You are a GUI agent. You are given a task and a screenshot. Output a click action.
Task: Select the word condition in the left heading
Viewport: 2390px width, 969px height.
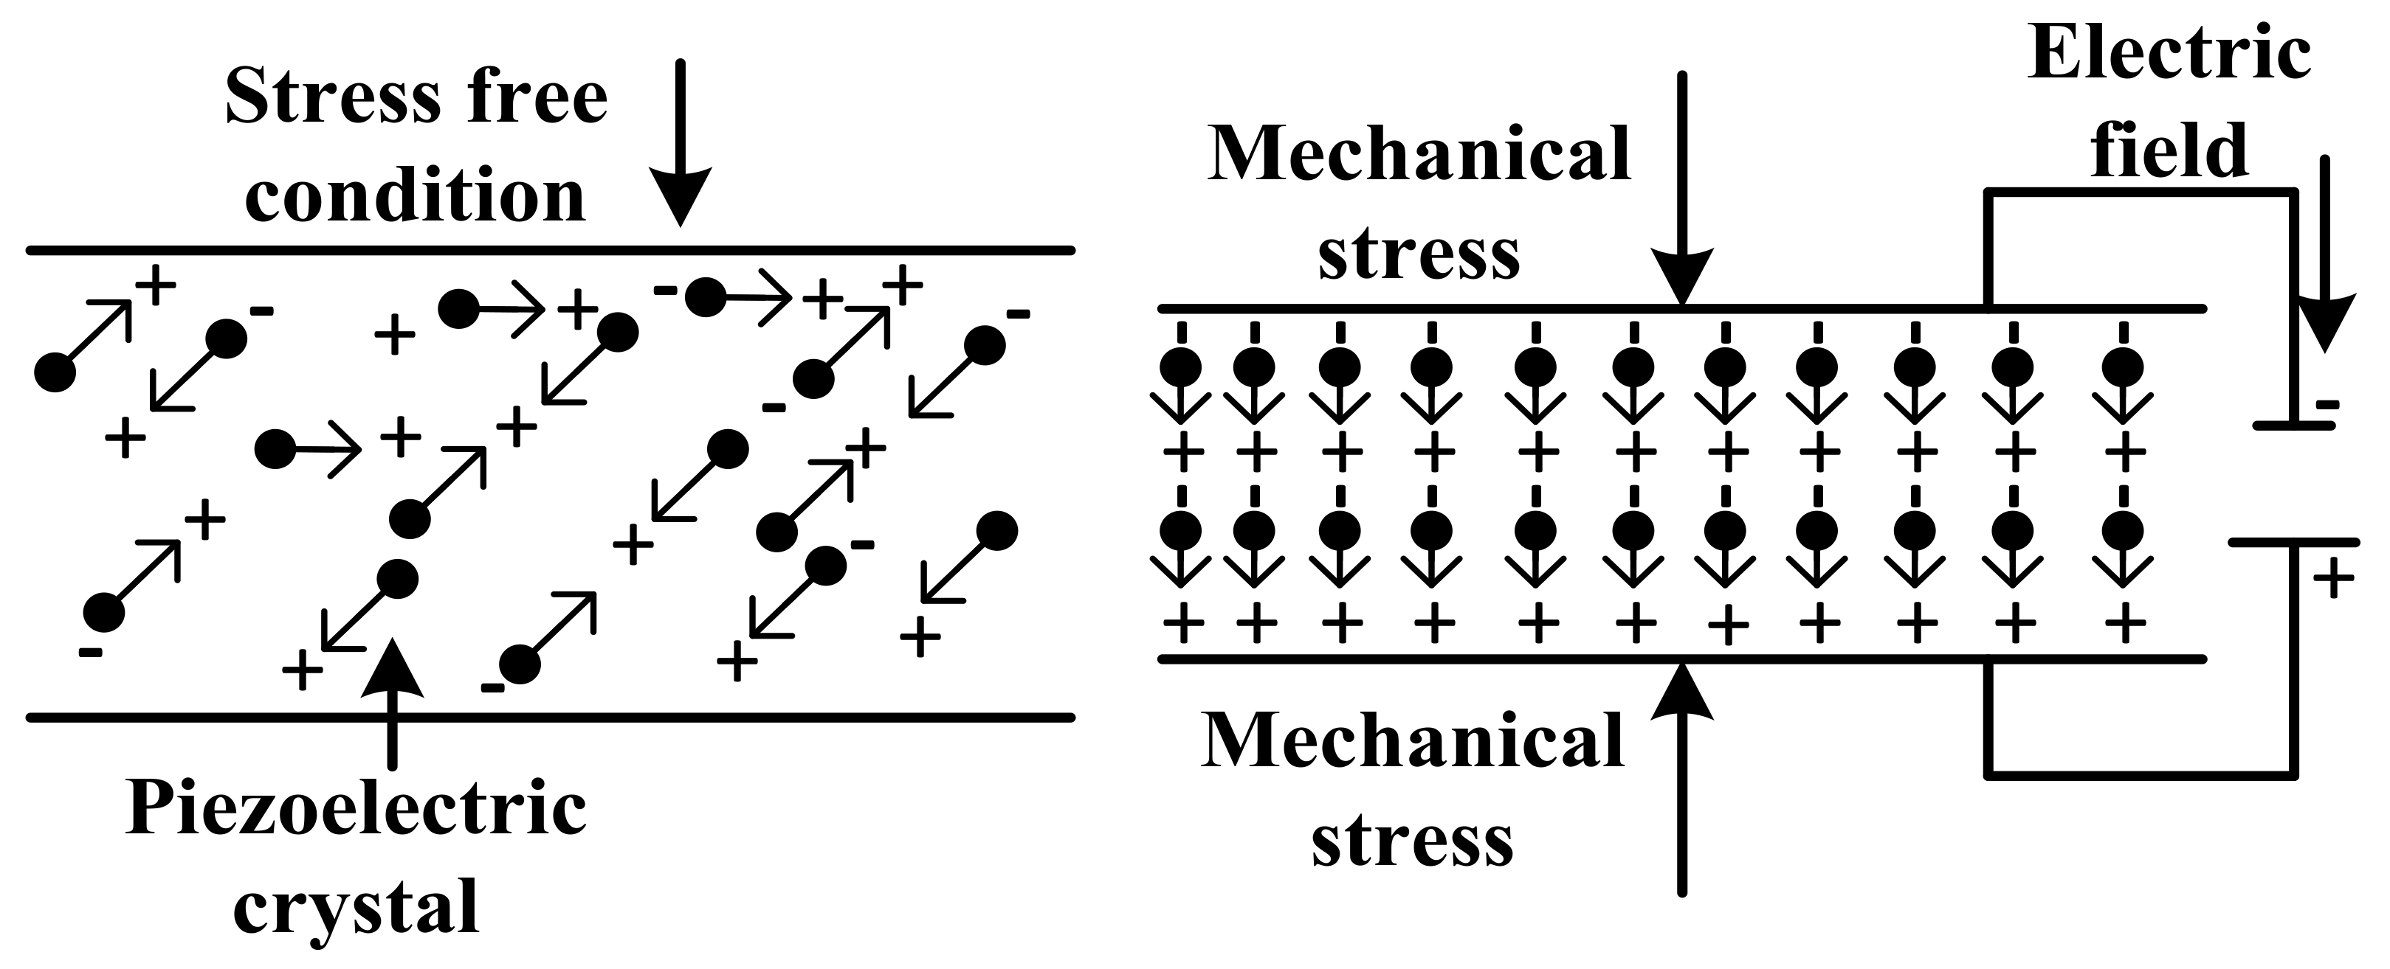pyautogui.click(x=416, y=197)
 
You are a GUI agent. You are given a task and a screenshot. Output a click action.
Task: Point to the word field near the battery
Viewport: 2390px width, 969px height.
pyautogui.click(x=2169, y=151)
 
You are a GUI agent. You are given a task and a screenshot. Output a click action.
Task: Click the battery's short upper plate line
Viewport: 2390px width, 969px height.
pyautogui.click(x=2293, y=426)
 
